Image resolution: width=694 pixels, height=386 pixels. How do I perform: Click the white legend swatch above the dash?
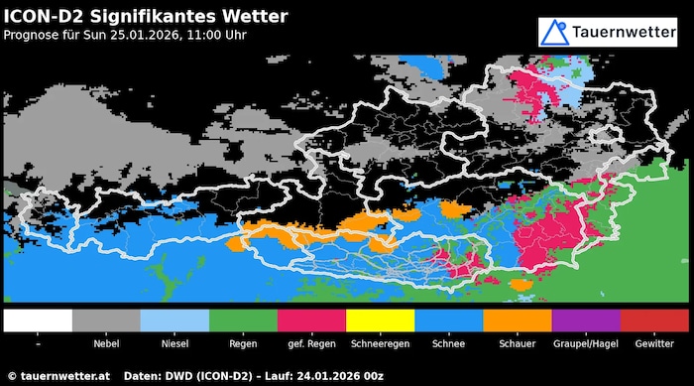[38, 321]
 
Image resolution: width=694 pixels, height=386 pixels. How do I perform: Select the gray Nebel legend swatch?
[106, 321]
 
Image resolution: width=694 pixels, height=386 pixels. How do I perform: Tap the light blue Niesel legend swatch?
[174, 321]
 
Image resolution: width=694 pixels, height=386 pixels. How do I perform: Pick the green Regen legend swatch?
[244, 321]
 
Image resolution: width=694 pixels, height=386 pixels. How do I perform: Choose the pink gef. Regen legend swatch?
[312, 321]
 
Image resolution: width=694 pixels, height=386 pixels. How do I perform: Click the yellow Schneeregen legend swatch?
[381, 321]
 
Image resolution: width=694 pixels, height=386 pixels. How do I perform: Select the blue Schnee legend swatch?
[449, 321]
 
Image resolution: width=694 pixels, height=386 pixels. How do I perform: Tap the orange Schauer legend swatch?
[518, 321]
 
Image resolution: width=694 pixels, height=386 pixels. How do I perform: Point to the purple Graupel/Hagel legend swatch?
[586, 321]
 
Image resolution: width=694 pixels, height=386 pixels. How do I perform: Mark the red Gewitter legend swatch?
[654, 321]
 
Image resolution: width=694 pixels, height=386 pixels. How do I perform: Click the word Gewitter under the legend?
[654, 343]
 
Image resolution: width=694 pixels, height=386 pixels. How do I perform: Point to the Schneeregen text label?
[381, 343]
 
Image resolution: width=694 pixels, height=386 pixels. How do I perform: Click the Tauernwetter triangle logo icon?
[554, 32]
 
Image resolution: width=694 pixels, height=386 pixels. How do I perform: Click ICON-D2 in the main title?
[46, 16]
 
